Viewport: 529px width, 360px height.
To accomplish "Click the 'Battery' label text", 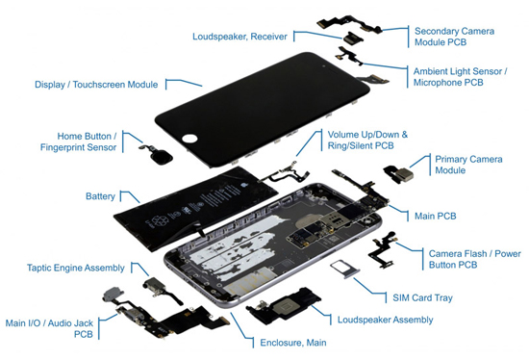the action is pyautogui.click(x=100, y=196).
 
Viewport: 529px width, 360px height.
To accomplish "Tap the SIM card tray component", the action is pyautogui.click(x=344, y=270).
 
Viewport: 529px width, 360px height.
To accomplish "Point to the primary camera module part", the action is pyautogui.click(x=399, y=173).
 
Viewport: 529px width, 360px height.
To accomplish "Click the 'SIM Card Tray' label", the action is pyautogui.click(x=422, y=297).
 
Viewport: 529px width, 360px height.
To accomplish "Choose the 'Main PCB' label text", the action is pyautogui.click(x=435, y=217).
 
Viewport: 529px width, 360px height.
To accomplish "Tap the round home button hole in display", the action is pyautogui.click(x=189, y=138).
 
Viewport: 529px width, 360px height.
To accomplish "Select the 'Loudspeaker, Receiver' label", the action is pyautogui.click(x=239, y=37).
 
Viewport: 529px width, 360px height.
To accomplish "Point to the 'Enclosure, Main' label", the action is pyautogui.click(x=293, y=343).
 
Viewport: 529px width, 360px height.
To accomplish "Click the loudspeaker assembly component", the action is pyautogui.click(x=285, y=306).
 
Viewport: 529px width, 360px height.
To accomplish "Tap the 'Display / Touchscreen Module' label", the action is pyautogui.click(x=96, y=85).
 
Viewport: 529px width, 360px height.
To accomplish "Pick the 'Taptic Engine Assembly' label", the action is pyautogui.click(x=76, y=268).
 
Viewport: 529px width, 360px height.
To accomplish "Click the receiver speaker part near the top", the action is pyautogui.click(x=353, y=38).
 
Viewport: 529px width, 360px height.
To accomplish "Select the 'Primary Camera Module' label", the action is pyautogui.click(x=468, y=165).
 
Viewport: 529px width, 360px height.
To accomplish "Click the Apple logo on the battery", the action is pyautogui.click(x=242, y=185).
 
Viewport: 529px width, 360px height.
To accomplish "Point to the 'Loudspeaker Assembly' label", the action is pyautogui.click(x=386, y=320).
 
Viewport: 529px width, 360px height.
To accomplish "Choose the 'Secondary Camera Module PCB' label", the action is pyautogui.click(x=454, y=37).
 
